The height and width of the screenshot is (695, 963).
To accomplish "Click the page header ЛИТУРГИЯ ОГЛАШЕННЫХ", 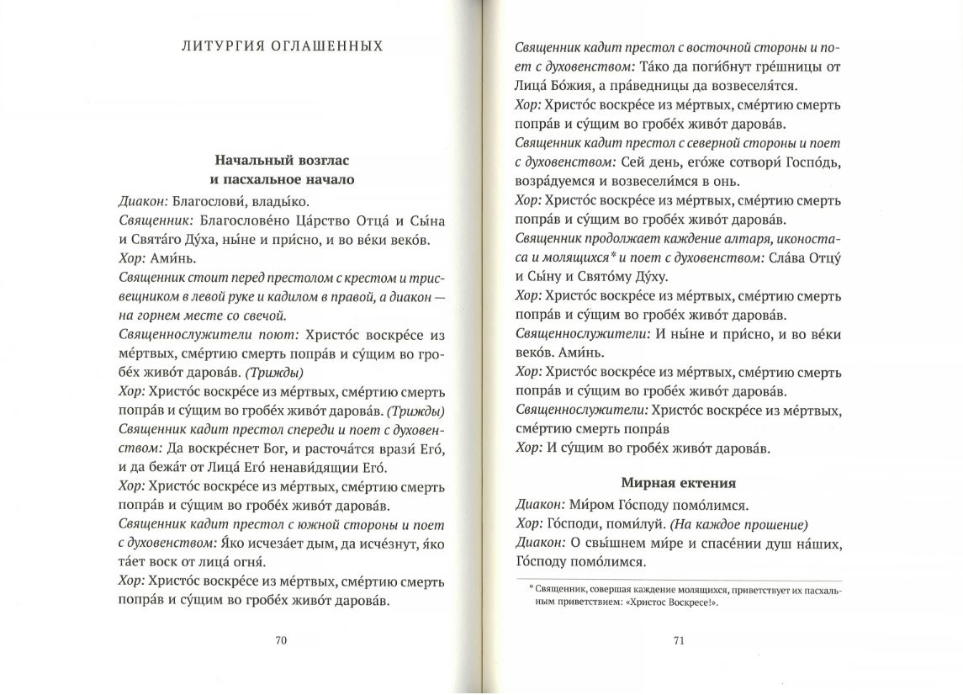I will tap(282, 45).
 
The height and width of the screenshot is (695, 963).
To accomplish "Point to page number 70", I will tap(282, 640).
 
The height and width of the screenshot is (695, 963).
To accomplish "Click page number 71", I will tap(680, 640).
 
